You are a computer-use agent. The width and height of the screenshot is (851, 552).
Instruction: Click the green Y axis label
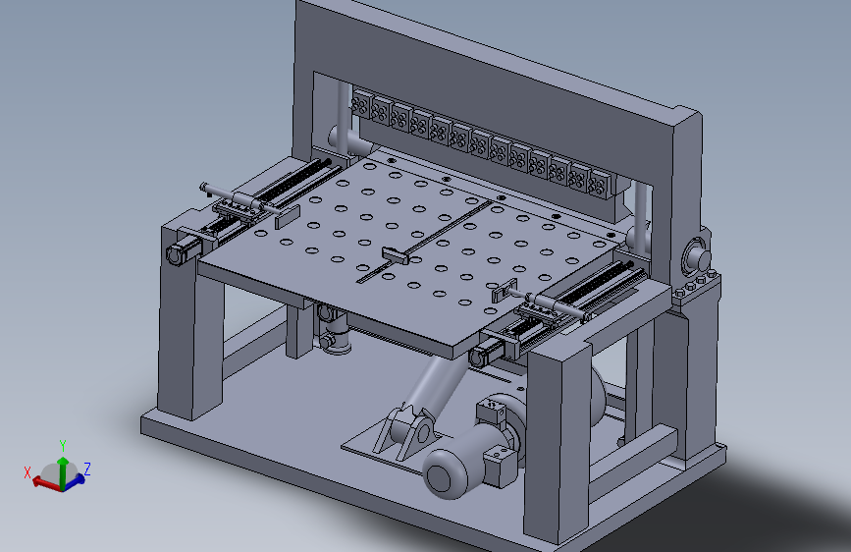63,446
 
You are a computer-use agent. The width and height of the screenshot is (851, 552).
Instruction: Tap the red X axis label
27,472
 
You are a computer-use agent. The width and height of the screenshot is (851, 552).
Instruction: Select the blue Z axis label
86,469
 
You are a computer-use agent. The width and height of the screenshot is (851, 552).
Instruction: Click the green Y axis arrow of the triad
63,472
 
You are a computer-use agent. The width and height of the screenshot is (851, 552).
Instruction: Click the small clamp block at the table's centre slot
396,255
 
